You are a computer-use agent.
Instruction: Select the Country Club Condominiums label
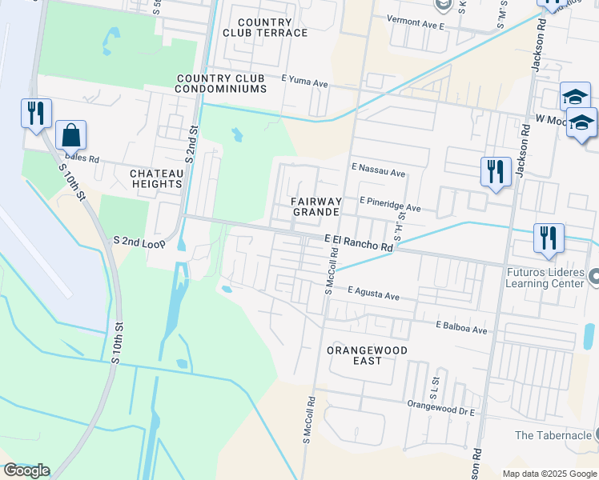(221, 83)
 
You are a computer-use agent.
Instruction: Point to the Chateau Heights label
(156, 178)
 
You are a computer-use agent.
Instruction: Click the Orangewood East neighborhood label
(368, 355)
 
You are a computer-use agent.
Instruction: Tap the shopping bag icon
(70, 137)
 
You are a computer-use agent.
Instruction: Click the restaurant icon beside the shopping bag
(36, 114)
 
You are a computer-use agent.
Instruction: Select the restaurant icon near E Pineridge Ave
(496, 172)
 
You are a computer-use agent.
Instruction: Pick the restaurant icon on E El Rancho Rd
(549, 238)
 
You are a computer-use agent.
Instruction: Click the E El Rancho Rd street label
(359, 242)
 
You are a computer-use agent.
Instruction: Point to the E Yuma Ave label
(305, 82)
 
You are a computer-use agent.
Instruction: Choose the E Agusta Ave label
(373, 295)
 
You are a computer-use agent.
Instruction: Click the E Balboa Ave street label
(461, 328)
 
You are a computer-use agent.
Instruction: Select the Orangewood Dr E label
(441, 407)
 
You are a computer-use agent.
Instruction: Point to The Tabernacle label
(553, 435)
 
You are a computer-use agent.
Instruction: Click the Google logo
(26, 470)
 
